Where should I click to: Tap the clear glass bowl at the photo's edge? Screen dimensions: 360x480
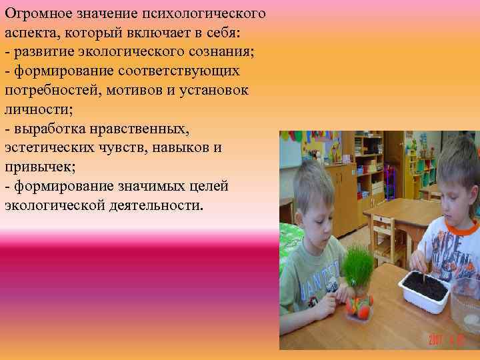pos(467,313)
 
